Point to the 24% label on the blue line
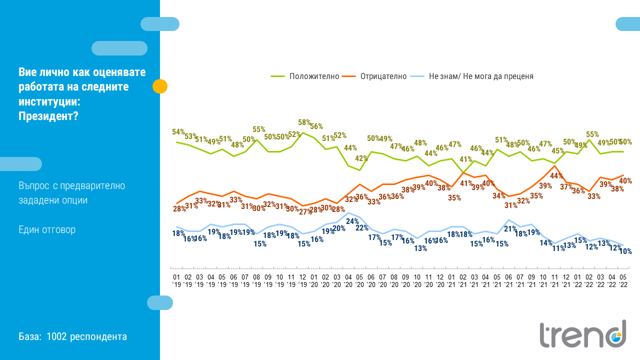(x=352, y=221)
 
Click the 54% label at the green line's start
(x=178, y=132)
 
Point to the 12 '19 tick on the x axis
(x=302, y=280)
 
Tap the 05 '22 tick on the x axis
(x=622, y=280)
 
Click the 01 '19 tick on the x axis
(x=176, y=280)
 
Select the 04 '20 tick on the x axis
(x=348, y=280)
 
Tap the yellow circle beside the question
(x=159, y=86)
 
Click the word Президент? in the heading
(x=48, y=116)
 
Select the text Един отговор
(x=47, y=230)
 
